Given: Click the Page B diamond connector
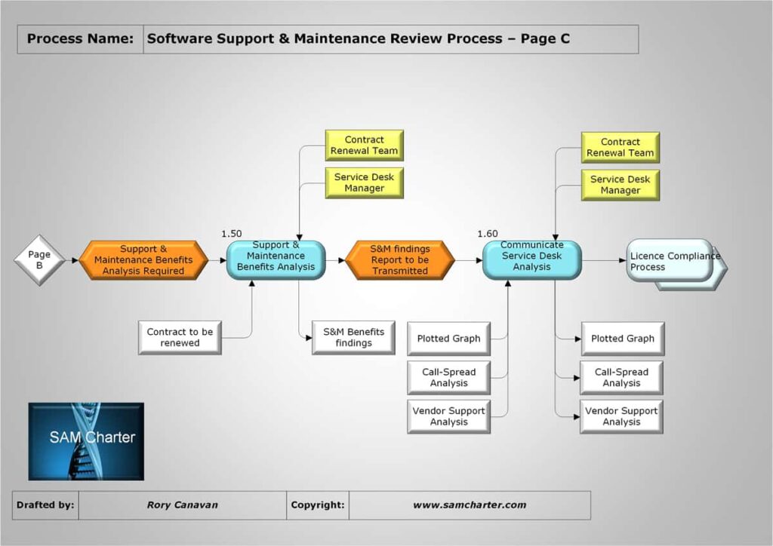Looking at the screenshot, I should point(39,260).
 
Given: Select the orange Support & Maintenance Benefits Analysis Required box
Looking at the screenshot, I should point(143,260).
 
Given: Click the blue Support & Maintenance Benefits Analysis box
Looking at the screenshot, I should point(276,260).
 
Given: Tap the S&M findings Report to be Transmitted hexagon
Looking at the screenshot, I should point(400,260).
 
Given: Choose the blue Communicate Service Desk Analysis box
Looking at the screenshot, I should point(532,260).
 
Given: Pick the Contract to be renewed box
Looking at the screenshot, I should point(180,337).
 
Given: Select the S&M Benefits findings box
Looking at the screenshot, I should point(353,337).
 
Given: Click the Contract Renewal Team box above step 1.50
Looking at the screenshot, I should point(364,145).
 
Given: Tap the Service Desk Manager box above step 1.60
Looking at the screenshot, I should point(621,185).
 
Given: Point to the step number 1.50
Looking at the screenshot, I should point(232,234).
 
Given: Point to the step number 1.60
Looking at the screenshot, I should point(488,234).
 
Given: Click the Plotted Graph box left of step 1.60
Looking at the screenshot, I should point(448,339).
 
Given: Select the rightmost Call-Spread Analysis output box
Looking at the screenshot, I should point(621,378).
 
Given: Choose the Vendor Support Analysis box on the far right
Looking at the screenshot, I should point(621,416).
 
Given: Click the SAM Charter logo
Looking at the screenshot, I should point(86,440).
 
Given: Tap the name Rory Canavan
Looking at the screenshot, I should point(182,505).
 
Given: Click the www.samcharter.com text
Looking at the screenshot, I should point(469,505).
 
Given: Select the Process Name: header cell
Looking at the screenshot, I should point(80,39).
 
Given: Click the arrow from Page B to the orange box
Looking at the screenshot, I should point(72,260).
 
